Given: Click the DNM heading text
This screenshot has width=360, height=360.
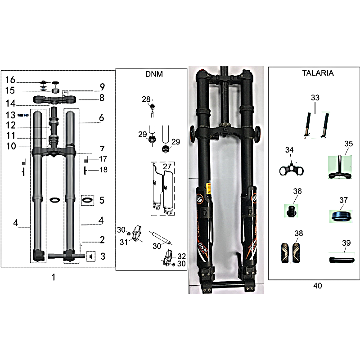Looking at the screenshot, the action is tap(154, 74).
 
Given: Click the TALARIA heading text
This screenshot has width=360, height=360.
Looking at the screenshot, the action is tap(318, 73).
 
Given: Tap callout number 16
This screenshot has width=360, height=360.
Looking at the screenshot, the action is tap(10, 80).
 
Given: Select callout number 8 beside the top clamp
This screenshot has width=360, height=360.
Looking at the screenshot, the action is tap(102, 98).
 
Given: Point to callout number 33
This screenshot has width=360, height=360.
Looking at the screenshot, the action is tap(315, 98).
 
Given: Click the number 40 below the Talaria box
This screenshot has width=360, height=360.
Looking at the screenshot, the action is tap(318, 286).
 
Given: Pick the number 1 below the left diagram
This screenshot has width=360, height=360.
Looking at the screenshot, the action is tap(54, 277).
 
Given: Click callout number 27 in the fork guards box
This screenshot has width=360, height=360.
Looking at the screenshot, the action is tap(167, 166).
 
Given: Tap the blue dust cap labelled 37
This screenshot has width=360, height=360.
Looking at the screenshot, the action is tap(341, 216).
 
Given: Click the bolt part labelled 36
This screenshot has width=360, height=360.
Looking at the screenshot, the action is tap(291, 211).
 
